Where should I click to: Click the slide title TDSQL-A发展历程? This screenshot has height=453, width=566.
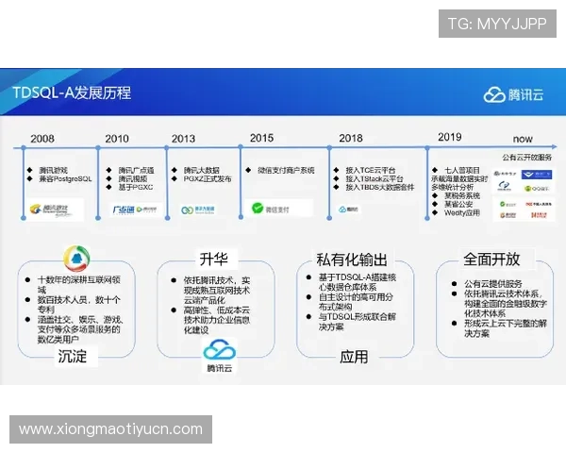pos(73,92)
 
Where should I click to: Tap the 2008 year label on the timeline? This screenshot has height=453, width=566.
pos(42,139)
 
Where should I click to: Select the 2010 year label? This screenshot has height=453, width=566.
pos(117,139)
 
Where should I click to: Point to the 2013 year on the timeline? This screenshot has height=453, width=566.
pos(184,139)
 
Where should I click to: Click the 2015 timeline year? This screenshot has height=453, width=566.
pos(261,138)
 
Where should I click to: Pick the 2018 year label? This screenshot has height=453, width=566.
pos(350,139)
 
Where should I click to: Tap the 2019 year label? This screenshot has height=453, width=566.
pos(450,137)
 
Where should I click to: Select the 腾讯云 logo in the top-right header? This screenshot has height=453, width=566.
pos(513,93)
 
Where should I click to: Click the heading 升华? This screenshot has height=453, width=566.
pos(212,259)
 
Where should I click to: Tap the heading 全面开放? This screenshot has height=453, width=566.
pos(491,258)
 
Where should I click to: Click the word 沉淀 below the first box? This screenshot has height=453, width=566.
pos(73,356)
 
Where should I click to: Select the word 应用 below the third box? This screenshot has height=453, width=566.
pos(354,357)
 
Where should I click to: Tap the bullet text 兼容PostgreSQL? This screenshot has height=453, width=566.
pos(66,178)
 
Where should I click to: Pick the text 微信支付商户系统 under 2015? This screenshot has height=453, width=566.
pos(285,171)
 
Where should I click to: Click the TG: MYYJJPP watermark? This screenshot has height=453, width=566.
pos(496,25)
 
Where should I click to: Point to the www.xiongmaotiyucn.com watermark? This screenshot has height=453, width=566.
pos(110,429)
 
